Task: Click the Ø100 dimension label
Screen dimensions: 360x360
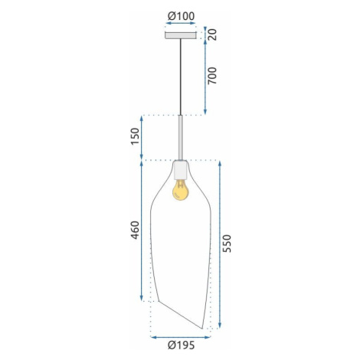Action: (x=181, y=16)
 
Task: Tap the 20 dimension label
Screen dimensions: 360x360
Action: (x=212, y=34)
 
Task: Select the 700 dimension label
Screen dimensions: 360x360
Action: (x=212, y=76)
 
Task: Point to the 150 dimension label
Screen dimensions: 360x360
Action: (x=135, y=136)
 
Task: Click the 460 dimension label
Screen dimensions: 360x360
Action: (x=135, y=231)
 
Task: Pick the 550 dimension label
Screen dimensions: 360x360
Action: (x=227, y=244)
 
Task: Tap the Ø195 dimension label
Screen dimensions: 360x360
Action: (x=181, y=345)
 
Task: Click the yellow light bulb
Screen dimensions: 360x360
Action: (x=180, y=190)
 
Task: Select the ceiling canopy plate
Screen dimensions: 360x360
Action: (x=181, y=35)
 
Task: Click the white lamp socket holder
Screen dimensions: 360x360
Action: (x=181, y=170)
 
